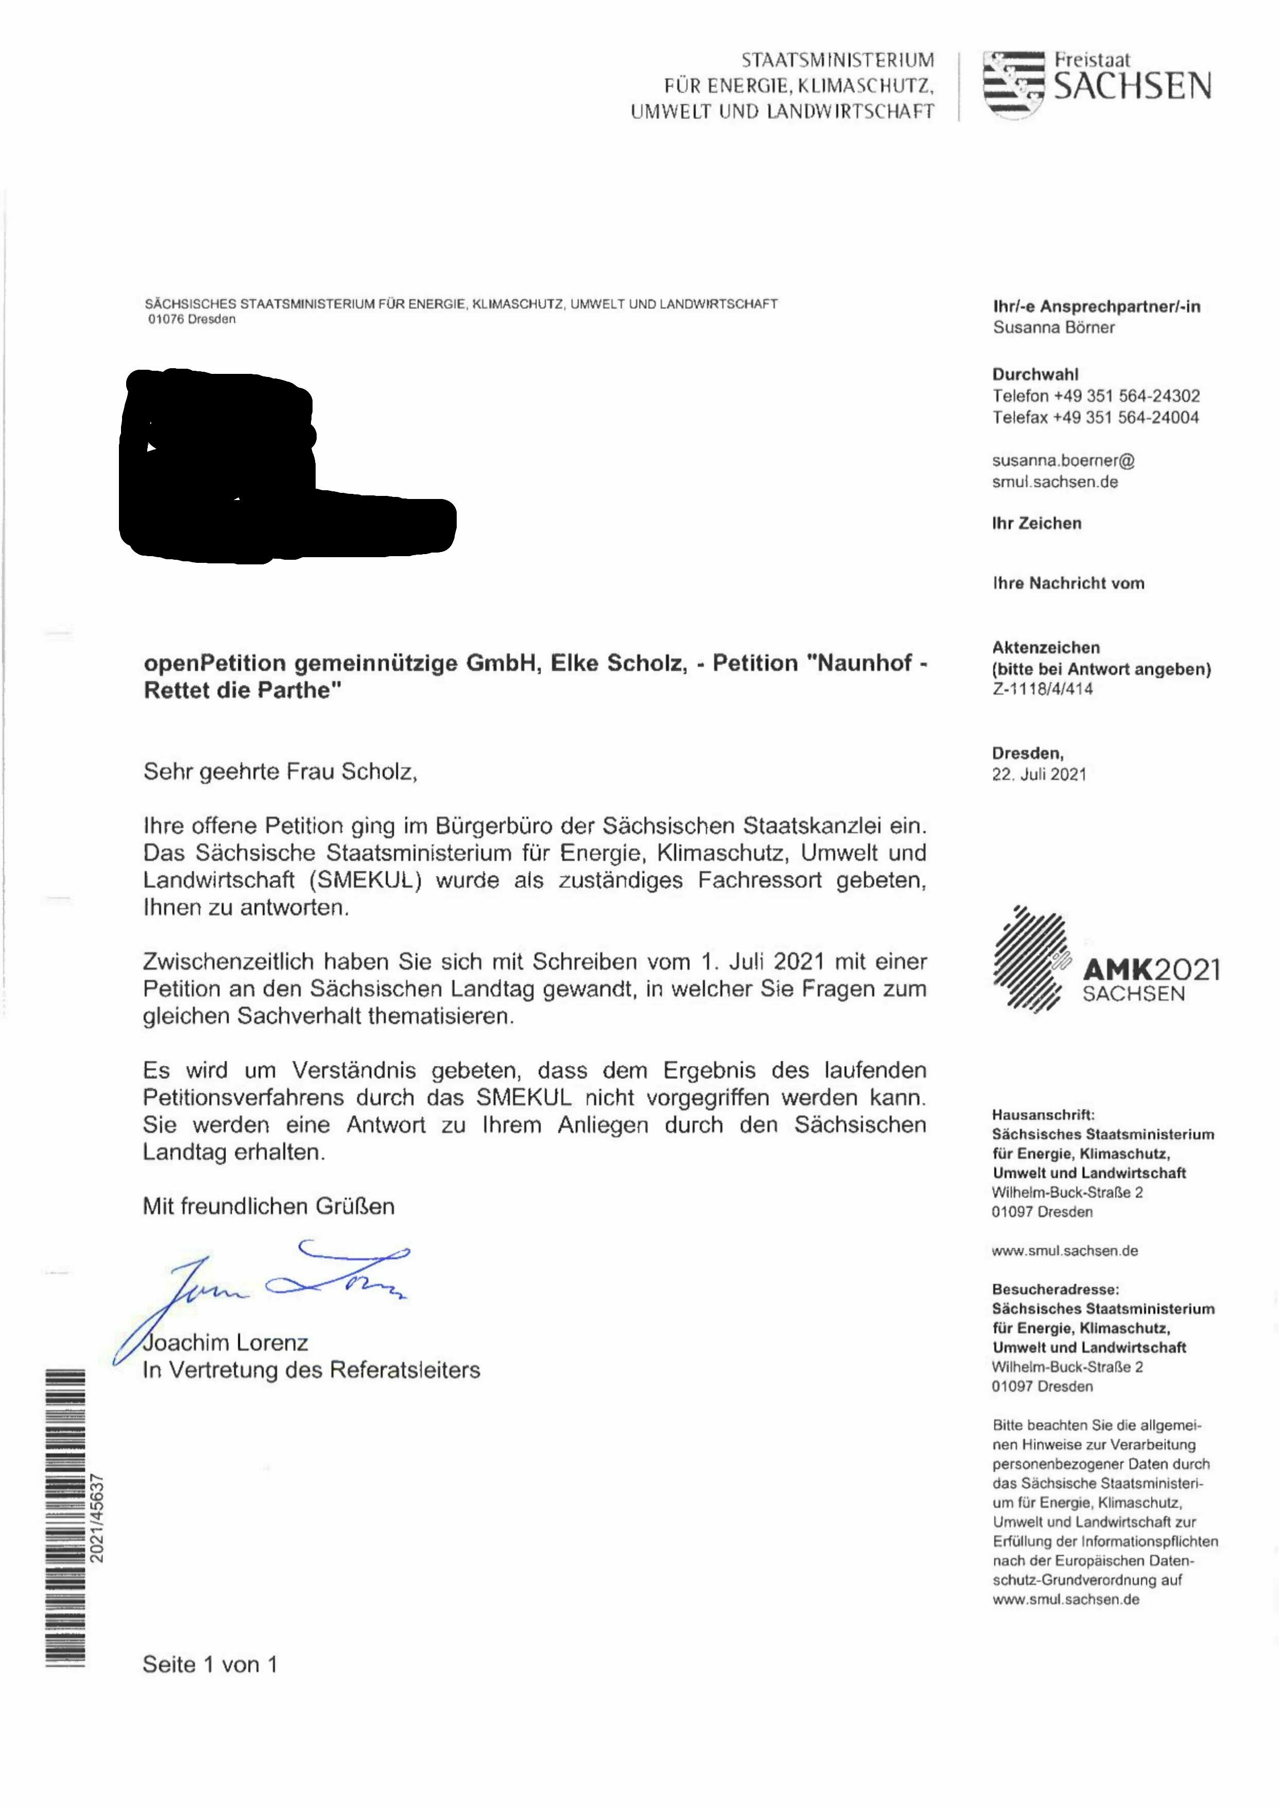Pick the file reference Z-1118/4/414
point(1042,689)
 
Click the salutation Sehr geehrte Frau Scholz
point(280,771)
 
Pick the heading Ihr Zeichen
point(1036,524)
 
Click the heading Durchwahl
point(1035,374)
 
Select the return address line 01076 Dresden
point(192,319)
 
